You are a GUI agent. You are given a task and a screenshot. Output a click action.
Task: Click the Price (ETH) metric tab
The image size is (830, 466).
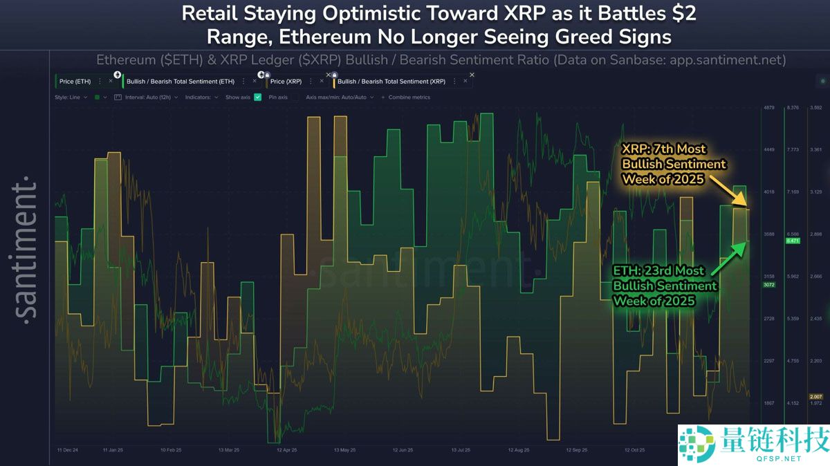point(75,82)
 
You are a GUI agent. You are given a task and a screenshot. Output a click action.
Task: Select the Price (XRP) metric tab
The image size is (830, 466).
point(286,82)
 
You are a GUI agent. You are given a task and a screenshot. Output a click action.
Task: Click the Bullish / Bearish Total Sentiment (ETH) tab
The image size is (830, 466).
point(181,82)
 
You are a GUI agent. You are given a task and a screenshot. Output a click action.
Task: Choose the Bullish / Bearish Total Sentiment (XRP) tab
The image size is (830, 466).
point(391,82)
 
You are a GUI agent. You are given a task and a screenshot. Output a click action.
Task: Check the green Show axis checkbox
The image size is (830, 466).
point(258,97)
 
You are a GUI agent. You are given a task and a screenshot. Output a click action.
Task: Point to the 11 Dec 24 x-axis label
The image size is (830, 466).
point(68,450)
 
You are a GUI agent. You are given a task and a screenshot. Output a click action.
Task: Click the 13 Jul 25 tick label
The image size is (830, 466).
point(461,450)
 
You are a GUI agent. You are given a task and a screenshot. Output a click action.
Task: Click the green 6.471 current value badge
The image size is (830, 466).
point(793,241)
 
